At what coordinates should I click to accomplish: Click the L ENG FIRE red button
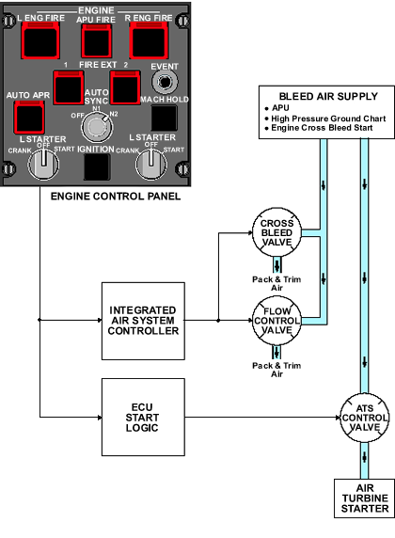pyautogui.click(x=40, y=40)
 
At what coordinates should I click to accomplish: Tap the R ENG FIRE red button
pyautogui.click(x=149, y=40)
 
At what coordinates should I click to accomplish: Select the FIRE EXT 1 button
pyautogui.click(x=69, y=87)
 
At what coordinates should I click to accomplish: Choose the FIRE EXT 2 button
pyautogui.click(x=125, y=87)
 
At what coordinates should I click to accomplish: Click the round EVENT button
pyautogui.click(x=165, y=83)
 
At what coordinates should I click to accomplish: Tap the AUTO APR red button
pyautogui.click(x=29, y=117)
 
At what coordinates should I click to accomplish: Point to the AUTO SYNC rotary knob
pyautogui.click(x=97, y=127)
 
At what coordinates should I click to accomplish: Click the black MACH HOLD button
pyautogui.click(x=165, y=118)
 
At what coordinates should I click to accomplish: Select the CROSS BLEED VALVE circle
pyautogui.click(x=276, y=232)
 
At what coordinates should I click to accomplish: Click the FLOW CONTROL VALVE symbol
pyautogui.click(x=276, y=321)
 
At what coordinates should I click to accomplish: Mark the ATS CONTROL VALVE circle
pyautogui.click(x=365, y=418)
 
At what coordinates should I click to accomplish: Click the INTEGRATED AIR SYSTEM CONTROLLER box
pyautogui.click(x=143, y=321)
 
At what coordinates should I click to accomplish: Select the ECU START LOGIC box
pyautogui.click(x=143, y=418)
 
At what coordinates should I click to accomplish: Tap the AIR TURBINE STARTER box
pyautogui.click(x=365, y=498)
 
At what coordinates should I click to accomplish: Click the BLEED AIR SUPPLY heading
pyautogui.click(x=328, y=97)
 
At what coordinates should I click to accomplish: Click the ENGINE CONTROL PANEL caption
pyautogui.click(x=116, y=197)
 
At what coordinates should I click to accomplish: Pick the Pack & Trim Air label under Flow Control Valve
pyautogui.click(x=276, y=370)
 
